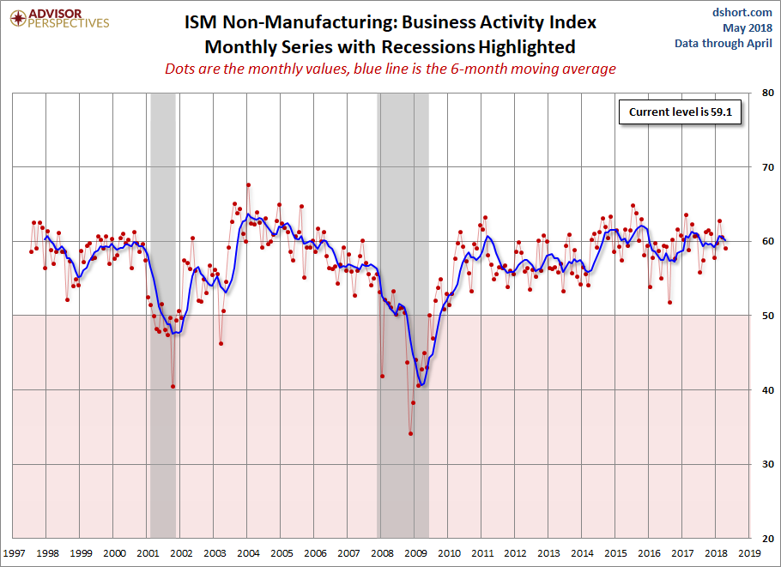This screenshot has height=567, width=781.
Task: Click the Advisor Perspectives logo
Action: (60, 18)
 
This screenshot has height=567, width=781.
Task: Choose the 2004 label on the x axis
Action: (248, 555)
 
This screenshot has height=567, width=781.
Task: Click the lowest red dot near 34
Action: (411, 433)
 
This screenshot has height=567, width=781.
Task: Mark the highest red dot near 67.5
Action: (248, 184)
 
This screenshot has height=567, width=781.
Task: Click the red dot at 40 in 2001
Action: (173, 386)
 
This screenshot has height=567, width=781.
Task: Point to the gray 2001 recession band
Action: (162, 257)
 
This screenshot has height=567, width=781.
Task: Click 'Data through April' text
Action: (722, 43)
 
